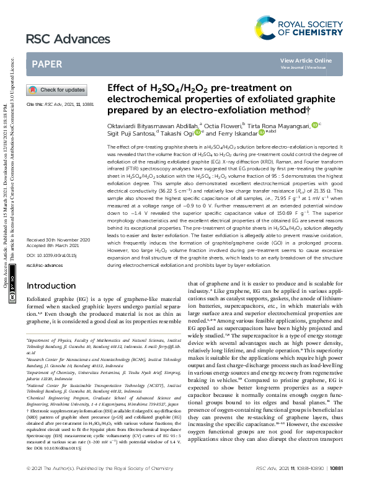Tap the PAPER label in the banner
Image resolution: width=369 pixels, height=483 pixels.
[x=47, y=64]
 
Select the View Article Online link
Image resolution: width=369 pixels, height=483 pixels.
[x=306, y=60]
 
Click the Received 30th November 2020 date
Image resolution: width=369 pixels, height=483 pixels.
[x=59, y=239]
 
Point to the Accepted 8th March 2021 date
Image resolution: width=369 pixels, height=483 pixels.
[x=52, y=245]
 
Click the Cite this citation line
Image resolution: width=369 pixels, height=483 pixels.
[x=60, y=105]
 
